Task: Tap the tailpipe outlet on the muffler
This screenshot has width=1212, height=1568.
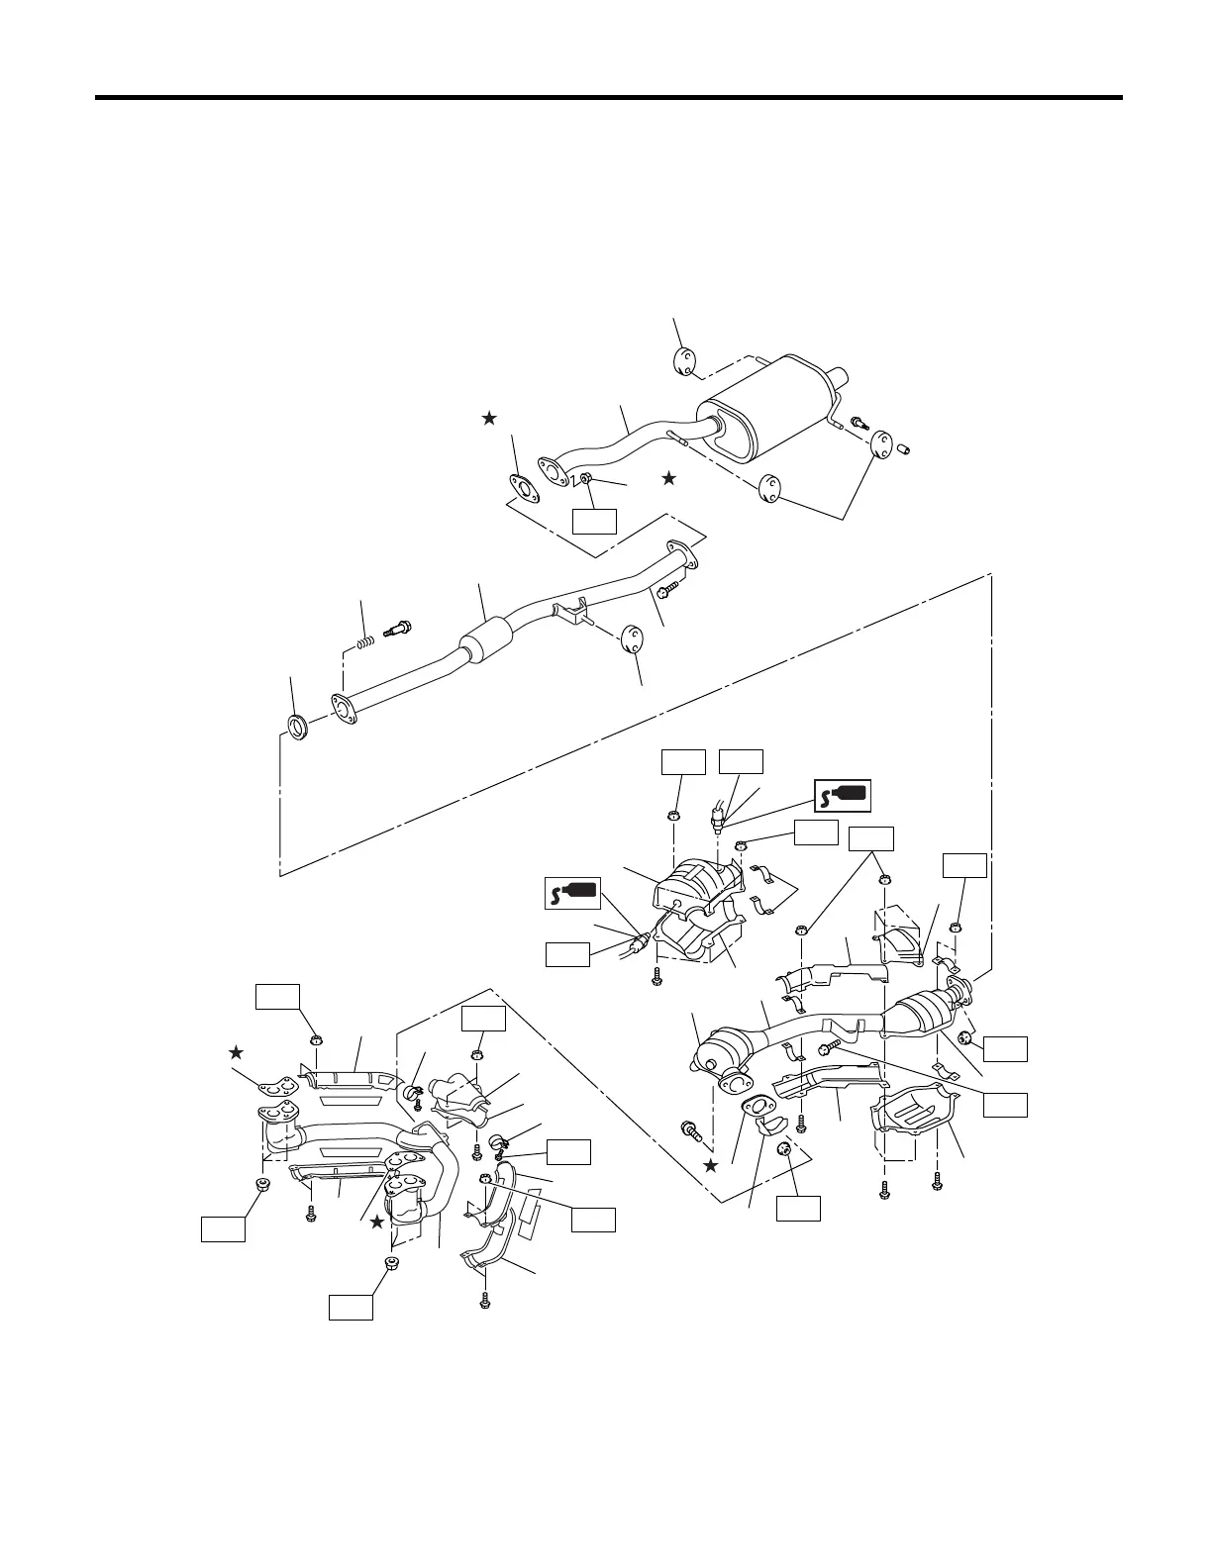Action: (x=841, y=378)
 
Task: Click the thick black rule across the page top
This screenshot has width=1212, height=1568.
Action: (x=608, y=98)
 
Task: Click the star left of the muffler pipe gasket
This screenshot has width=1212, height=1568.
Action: (x=488, y=419)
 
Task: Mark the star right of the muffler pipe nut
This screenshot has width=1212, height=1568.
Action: (x=668, y=478)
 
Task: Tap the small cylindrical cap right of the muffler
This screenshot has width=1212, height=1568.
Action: (x=904, y=448)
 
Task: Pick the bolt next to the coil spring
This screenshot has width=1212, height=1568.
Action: (x=401, y=626)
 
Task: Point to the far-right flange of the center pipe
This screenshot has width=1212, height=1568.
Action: (x=680, y=552)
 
